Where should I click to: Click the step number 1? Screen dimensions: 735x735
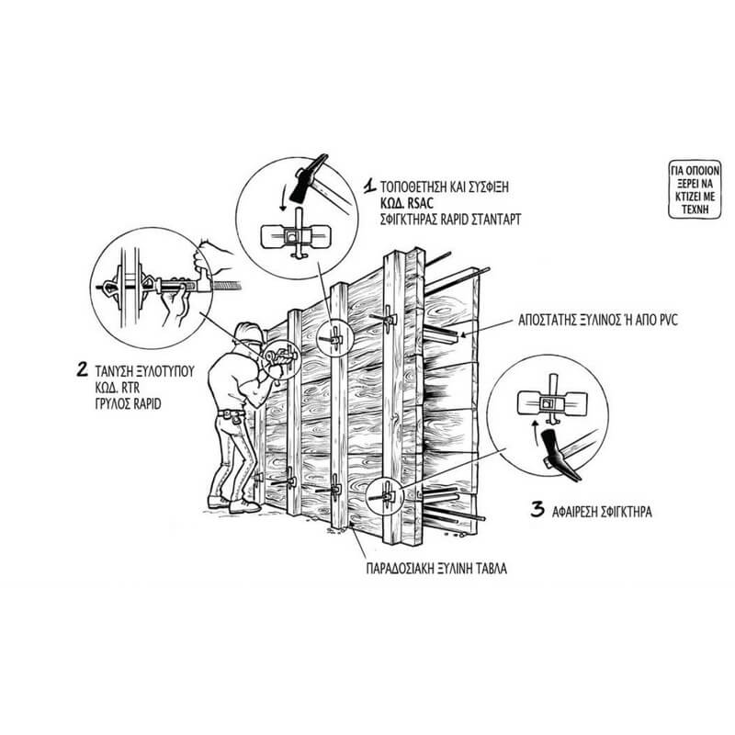[x=370, y=186]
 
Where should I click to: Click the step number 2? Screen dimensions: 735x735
[x=82, y=369]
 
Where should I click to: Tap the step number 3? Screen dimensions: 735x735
[x=537, y=510]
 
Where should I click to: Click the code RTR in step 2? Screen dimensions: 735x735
[x=130, y=387]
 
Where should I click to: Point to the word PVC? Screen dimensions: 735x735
[x=668, y=320]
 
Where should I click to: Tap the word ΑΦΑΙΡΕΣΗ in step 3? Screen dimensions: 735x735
[x=580, y=512]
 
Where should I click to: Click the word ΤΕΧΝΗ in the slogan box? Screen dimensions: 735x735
[x=695, y=209]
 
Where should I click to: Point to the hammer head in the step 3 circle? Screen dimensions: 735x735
[x=560, y=453]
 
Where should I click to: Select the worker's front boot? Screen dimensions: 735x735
[x=243, y=506]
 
